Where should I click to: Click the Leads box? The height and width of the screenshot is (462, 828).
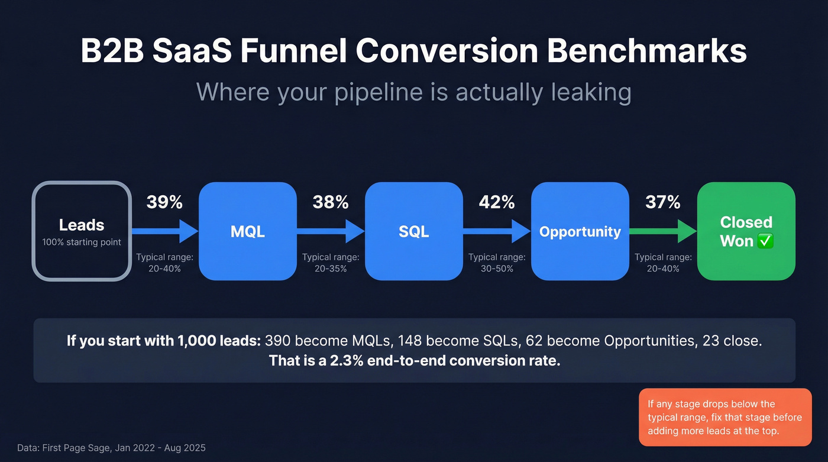(82, 231)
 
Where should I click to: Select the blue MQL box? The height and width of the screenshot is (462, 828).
(247, 231)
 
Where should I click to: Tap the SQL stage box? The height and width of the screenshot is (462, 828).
(413, 231)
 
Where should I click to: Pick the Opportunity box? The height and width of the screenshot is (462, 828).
(580, 231)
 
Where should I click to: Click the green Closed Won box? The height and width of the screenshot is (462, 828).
(746, 231)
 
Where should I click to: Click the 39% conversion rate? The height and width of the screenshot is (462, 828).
(164, 202)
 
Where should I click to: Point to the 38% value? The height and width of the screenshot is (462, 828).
(331, 202)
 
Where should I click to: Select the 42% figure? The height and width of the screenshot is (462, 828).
(497, 202)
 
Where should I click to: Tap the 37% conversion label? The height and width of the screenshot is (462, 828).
(663, 202)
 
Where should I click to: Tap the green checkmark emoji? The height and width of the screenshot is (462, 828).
(765, 241)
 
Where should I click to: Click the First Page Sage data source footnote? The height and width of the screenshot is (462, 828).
(112, 448)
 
